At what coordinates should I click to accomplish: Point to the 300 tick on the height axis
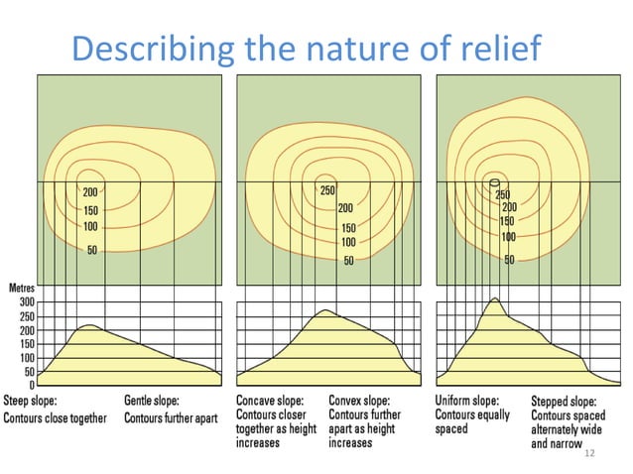coord(26,301)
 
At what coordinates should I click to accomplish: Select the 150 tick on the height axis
coord(26,343)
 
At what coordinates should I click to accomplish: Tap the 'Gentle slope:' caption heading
coord(152,401)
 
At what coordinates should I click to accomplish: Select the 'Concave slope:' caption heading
coord(270,401)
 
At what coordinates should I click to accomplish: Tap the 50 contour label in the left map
coord(91,251)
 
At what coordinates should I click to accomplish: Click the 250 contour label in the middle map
coord(328,190)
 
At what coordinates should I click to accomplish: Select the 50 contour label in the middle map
coord(348,261)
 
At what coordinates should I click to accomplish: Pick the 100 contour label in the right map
coord(508,237)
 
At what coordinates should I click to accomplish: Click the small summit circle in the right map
coord(494,182)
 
